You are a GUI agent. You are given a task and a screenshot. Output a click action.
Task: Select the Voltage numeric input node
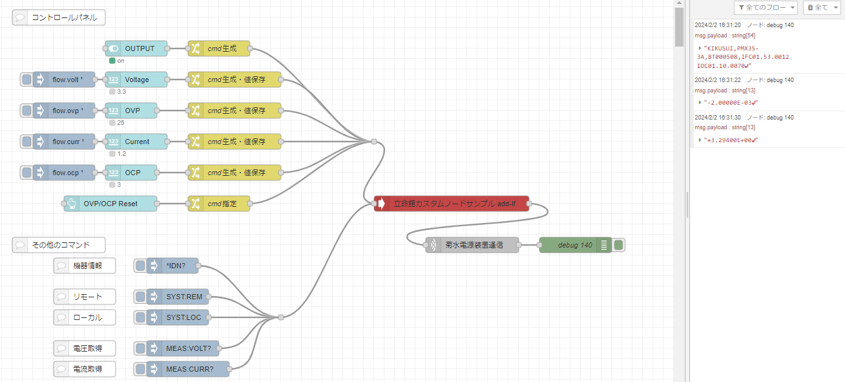pos(136,80)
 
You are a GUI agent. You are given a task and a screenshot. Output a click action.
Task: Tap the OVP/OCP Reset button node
pos(110,204)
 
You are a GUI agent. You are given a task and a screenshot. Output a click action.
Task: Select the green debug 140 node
pos(575,245)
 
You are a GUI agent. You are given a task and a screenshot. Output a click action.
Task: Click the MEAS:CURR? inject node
pos(187,369)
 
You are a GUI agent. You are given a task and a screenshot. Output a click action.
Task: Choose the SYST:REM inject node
pos(183,297)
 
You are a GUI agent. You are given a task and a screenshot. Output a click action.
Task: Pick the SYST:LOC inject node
pos(183,317)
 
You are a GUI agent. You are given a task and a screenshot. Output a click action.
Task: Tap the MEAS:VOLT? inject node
pos(187,348)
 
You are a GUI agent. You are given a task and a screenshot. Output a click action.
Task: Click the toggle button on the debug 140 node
pos(619,245)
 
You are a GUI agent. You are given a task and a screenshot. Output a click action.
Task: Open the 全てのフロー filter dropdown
pos(766,8)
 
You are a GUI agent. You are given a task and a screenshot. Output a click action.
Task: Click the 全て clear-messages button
pos(821,8)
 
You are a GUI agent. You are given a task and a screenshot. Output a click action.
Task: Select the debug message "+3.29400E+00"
pos(730,140)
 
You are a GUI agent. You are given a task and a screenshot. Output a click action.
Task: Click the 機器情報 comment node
pos(85,266)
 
